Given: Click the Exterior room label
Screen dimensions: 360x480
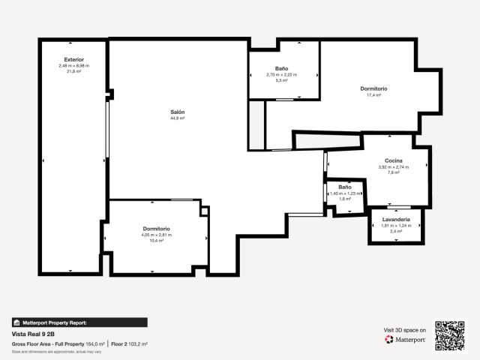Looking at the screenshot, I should [x=73, y=59].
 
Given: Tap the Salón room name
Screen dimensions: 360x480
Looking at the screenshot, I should [x=177, y=112].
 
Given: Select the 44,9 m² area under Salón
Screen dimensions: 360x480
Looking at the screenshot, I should [x=177, y=118].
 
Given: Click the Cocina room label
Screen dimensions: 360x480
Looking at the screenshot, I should [x=394, y=161].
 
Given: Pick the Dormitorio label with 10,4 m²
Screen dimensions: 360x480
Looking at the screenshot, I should [x=156, y=229].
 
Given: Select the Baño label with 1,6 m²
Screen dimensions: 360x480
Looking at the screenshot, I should [x=344, y=187].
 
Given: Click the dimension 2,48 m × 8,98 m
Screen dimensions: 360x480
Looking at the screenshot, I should [x=73, y=65].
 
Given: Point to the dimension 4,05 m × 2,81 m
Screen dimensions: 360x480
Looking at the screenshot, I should [x=156, y=235].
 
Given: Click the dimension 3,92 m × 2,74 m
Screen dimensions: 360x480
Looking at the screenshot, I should [x=394, y=167].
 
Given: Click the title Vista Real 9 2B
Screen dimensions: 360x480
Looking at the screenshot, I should [x=33, y=334].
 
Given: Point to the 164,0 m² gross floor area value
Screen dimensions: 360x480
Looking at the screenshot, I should [x=94, y=343].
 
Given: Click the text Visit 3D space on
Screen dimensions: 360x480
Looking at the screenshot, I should [x=405, y=330].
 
